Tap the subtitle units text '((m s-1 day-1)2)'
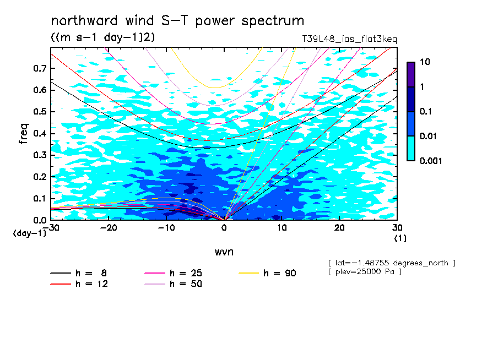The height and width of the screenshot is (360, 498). [103, 37]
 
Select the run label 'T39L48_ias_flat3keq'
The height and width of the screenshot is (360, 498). [349, 39]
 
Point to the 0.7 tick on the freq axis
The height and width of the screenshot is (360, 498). [40, 68]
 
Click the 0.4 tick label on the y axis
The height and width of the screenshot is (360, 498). [40, 133]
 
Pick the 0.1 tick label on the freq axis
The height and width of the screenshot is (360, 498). [40, 198]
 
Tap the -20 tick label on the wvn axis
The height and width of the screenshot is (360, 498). [109, 228]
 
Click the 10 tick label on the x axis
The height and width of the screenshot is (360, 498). [282, 228]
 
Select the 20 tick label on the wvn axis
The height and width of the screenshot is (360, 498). [339, 228]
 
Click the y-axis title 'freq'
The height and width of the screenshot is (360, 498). [24, 134]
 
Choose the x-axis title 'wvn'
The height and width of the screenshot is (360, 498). [224, 252]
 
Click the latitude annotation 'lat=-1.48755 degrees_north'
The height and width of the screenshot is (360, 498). [392, 263]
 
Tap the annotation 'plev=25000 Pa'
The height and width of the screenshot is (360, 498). [365, 272]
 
